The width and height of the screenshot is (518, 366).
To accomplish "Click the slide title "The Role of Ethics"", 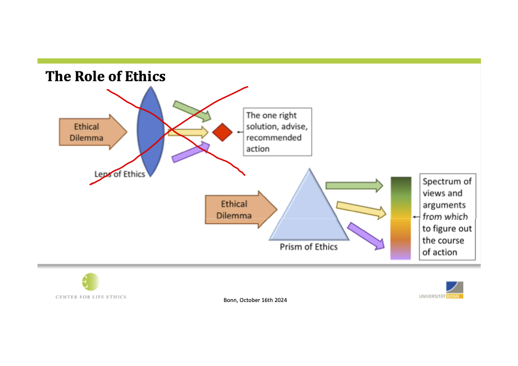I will click(x=105, y=77).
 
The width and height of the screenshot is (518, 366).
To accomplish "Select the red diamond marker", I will click(x=222, y=132).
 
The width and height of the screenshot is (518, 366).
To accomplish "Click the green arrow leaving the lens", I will click(x=192, y=110).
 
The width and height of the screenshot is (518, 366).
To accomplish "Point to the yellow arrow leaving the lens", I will click(x=188, y=132).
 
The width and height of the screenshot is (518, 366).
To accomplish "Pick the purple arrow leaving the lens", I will click(x=190, y=151).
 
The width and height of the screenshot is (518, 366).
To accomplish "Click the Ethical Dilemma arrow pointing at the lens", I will click(x=92, y=131).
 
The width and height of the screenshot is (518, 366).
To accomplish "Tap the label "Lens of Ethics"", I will click(x=119, y=174).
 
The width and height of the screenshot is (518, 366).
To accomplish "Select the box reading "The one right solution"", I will click(x=278, y=132).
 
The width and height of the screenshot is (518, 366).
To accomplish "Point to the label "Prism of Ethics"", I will click(x=309, y=247).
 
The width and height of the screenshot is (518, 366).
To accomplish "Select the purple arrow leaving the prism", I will click(x=366, y=236).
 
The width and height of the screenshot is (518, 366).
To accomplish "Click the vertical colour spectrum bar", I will click(x=400, y=218).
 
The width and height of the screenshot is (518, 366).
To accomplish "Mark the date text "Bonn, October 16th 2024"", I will click(x=255, y=300).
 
